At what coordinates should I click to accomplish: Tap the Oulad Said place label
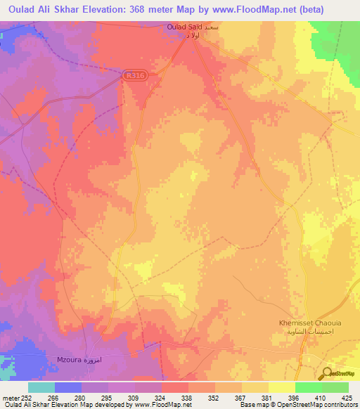(x=185, y=27)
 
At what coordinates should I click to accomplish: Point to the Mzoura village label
(x=68, y=360)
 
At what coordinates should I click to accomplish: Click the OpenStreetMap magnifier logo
(x=327, y=373)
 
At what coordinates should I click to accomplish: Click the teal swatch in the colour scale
(x=41, y=387)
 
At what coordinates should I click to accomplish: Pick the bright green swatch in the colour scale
(x=308, y=387)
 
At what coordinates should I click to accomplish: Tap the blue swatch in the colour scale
(x=68, y=387)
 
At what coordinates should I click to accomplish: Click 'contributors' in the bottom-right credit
(x=340, y=405)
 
